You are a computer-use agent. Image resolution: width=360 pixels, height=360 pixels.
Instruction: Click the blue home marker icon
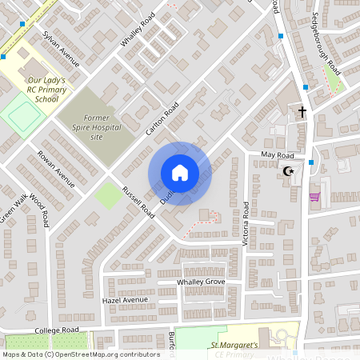pyautogui.click(x=179, y=173)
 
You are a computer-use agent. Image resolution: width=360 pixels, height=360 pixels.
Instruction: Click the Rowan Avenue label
pyautogui.click(x=56, y=169)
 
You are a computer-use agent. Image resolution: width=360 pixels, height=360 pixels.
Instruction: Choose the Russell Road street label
pyautogui.click(x=138, y=202)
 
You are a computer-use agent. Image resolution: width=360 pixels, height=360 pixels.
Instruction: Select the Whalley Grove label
pyautogui.click(x=202, y=282)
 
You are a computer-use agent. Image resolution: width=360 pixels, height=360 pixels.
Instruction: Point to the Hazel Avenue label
pyautogui.click(x=126, y=300)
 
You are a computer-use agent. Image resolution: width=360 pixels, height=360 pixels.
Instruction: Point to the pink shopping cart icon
pyautogui.click(x=314, y=196)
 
